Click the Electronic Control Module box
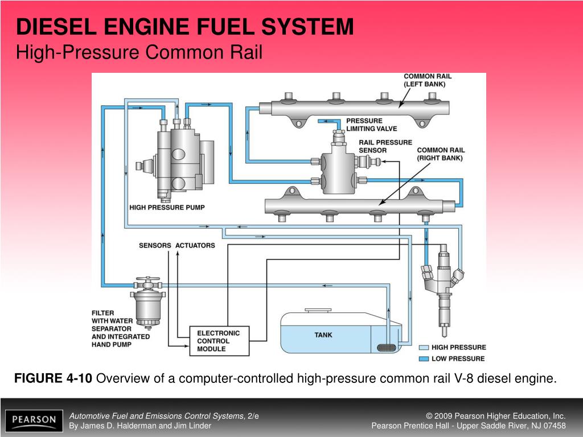[218, 341]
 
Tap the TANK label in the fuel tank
[323, 335]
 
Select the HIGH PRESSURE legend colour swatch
[423, 347]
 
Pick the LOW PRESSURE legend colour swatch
[423, 358]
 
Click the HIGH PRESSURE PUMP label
[167, 208]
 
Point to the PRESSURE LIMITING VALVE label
[372, 125]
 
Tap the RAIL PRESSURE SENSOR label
[385, 146]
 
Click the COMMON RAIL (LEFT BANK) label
[427, 80]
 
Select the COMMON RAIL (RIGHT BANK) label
[441, 154]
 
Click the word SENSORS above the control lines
[155, 245]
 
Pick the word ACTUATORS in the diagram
[195, 245]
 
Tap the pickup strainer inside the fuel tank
[387, 347]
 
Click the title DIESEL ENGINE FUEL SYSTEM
[184, 27]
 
